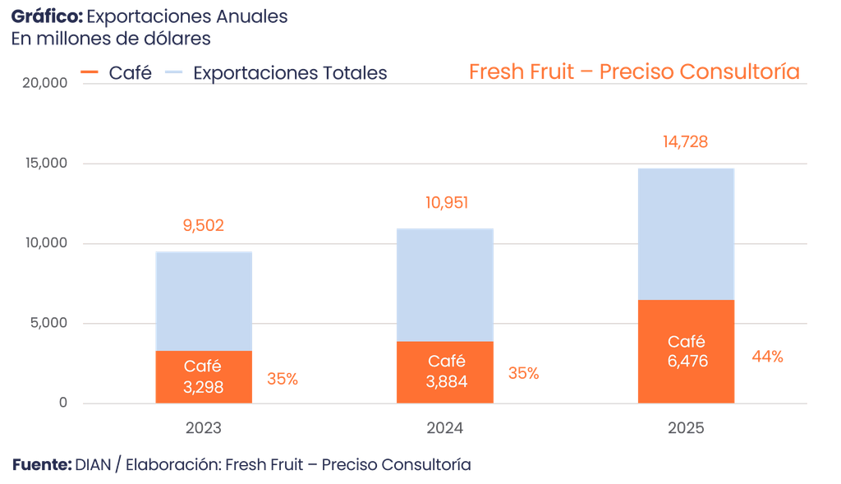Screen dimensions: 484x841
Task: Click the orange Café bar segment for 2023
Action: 204,376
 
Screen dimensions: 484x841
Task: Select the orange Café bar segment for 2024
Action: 444,371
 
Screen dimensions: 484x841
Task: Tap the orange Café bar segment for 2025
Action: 686,351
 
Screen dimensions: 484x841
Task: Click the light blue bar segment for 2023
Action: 204,301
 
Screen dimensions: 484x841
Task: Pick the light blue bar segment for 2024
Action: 444,283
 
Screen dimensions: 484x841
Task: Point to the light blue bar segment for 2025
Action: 686,233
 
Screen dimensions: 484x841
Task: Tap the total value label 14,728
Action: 685,143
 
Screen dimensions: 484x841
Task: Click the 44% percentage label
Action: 767,357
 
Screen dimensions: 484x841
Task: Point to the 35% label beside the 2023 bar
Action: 283,379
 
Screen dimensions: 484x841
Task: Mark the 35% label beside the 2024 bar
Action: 523,373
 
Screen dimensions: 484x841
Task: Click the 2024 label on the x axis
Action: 444,428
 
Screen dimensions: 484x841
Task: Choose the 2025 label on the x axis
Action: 686,428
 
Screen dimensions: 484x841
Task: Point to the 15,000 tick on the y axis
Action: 41,164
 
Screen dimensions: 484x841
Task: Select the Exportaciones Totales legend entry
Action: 289,72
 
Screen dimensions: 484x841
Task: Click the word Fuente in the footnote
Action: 40,465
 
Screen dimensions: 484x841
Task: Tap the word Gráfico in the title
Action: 45,16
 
